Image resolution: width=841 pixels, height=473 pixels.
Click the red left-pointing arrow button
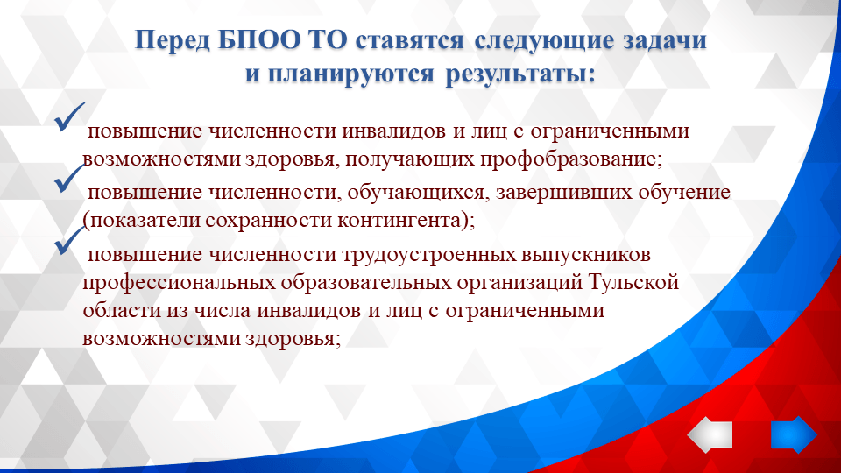coord(710,435)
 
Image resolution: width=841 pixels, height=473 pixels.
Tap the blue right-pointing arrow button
coord(793,435)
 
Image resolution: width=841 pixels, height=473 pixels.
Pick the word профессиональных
coord(180,284)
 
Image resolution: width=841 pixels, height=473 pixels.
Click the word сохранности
coord(266,221)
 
